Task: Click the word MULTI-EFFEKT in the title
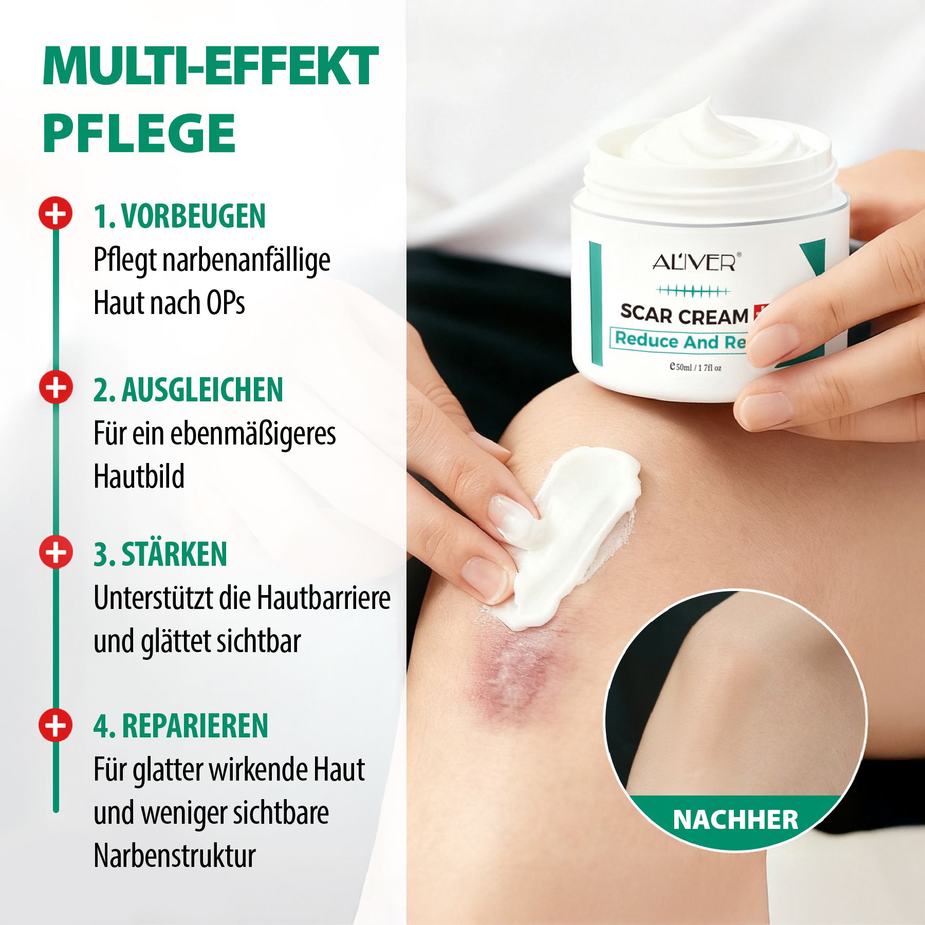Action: tap(211, 67)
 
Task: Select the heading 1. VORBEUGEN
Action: tap(179, 216)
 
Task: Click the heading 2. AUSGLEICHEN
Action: tap(188, 390)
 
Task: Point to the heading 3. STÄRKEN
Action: tap(160, 554)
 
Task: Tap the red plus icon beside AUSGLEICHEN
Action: tap(55, 386)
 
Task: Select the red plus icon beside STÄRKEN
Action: tap(55, 552)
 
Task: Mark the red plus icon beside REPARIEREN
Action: tap(55, 725)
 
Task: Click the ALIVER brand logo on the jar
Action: tap(695, 263)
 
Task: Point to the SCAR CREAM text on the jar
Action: tap(684, 315)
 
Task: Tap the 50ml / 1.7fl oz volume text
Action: tap(696, 367)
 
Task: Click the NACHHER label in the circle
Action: tap(735, 820)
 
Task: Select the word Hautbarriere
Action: tap(324, 598)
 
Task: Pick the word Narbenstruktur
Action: tap(175, 856)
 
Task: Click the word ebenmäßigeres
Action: tap(253, 434)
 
